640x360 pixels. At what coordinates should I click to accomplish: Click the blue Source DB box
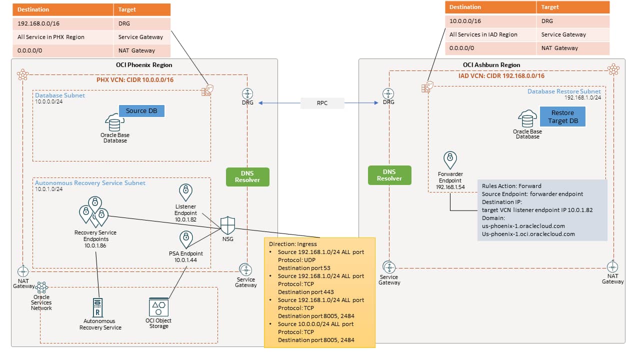click(141, 110)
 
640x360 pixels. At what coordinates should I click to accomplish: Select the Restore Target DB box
click(562, 116)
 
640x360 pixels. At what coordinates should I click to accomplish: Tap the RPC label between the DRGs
click(322, 103)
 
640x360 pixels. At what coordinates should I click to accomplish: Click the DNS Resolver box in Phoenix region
click(247, 176)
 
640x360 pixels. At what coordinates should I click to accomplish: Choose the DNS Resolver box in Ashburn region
click(389, 175)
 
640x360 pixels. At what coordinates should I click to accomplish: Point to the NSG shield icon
click(227, 225)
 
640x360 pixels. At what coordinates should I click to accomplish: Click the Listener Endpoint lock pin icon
click(185, 192)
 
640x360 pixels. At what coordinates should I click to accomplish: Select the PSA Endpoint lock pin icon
click(186, 239)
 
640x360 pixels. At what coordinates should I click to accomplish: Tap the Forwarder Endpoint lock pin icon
click(450, 160)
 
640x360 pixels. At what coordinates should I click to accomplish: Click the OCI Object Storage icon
click(158, 306)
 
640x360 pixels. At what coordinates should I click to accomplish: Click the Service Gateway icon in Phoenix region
click(245, 269)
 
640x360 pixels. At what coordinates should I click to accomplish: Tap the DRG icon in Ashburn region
click(388, 93)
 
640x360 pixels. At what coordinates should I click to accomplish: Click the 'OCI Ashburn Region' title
click(491, 64)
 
